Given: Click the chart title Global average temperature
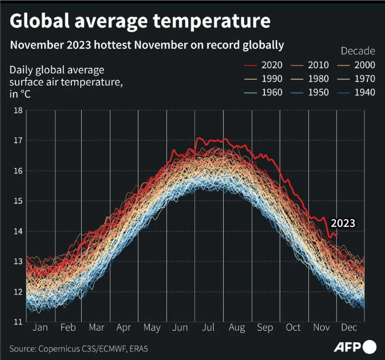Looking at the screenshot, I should click(x=140, y=21).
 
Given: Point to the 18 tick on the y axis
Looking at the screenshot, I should click(x=18, y=110).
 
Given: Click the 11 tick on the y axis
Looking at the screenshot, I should click(x=18, y=322).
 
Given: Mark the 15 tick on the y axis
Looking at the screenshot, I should click(x=18, y=201).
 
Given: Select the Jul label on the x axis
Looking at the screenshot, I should click(x=209, y=328).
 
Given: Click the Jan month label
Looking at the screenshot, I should click(x=40, y=328).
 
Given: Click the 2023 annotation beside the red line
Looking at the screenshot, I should click(x=342, y=223).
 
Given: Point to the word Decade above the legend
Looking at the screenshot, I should click(x=358, y=51).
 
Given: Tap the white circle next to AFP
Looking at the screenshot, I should click(x=370, y=347).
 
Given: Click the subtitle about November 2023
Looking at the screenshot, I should click(x=147, y=45).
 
